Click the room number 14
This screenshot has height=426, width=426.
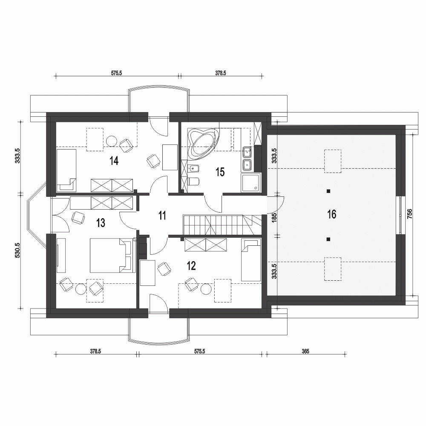click(113, 161)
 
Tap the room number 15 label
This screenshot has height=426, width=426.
click(220, 172)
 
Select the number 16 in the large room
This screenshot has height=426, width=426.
click(331, 214)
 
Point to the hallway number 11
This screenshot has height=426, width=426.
click(162, 215)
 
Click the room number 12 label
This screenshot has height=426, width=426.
click(191, 266)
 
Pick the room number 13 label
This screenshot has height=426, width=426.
click(101, 222)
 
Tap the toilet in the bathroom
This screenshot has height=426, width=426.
click(193, 181)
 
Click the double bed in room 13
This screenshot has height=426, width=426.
click(112, 255)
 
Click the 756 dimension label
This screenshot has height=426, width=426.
click(409, 213)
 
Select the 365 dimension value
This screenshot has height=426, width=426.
click(305, 352)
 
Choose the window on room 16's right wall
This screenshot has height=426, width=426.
click(401, 215)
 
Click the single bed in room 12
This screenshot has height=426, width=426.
click(250, 260)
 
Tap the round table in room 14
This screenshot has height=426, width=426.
click(112, 140)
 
